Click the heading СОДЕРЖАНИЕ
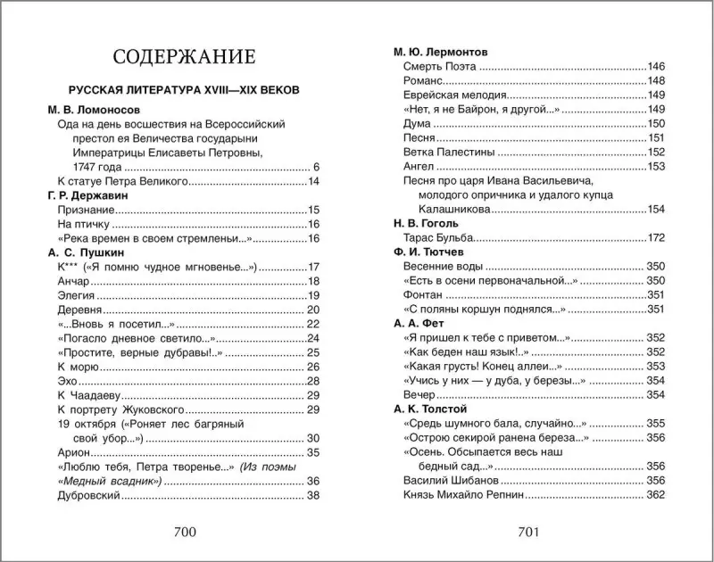(184, 57)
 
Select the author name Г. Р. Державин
(87, 195)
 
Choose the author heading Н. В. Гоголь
(427, 224)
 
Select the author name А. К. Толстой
(430, 409)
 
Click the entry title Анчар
(73, 282)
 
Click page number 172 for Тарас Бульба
(656, 238)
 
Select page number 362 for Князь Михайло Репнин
(656, 494)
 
